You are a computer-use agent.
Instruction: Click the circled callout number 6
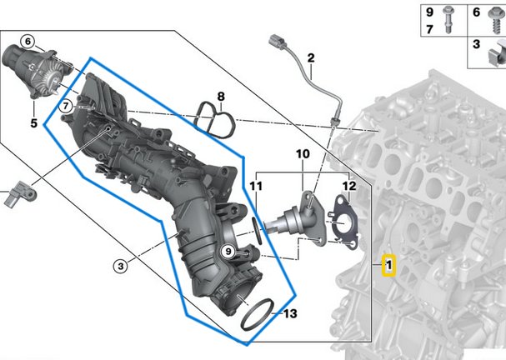28,42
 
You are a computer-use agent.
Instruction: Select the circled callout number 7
65,105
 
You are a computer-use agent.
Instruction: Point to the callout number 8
221,97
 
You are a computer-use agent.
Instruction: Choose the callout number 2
310,57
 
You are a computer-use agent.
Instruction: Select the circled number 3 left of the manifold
121,267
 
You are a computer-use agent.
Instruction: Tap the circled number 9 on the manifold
227,251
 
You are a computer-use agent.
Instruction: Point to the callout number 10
302,155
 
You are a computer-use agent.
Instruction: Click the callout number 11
256,184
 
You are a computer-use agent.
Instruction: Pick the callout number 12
348,185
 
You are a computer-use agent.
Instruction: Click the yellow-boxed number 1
388,267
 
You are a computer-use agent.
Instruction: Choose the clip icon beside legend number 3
493,57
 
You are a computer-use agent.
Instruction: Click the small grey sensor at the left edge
23,196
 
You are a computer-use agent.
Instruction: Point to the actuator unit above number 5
33,68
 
